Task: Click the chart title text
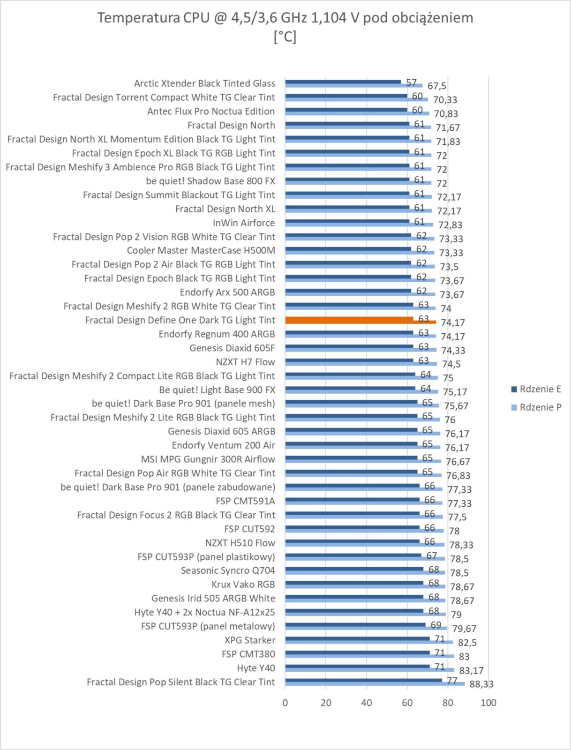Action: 285,27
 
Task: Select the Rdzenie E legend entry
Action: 536,389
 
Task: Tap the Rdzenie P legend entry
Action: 536,407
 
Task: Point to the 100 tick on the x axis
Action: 488,703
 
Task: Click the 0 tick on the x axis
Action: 285,703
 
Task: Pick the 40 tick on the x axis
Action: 367,703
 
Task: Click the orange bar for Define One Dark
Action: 361,320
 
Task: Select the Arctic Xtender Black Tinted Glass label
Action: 204,83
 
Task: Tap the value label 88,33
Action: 481,684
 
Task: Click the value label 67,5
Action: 437,86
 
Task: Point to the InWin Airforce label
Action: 244,223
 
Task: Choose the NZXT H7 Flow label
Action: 245,362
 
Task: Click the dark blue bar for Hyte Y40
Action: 357,666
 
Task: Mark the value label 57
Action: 412,82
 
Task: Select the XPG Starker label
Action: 250,640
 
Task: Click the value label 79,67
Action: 464,629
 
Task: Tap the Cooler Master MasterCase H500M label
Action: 201,250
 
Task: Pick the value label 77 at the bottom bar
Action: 452,681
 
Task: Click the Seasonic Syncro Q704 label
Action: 228,570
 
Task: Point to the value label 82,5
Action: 467,642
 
